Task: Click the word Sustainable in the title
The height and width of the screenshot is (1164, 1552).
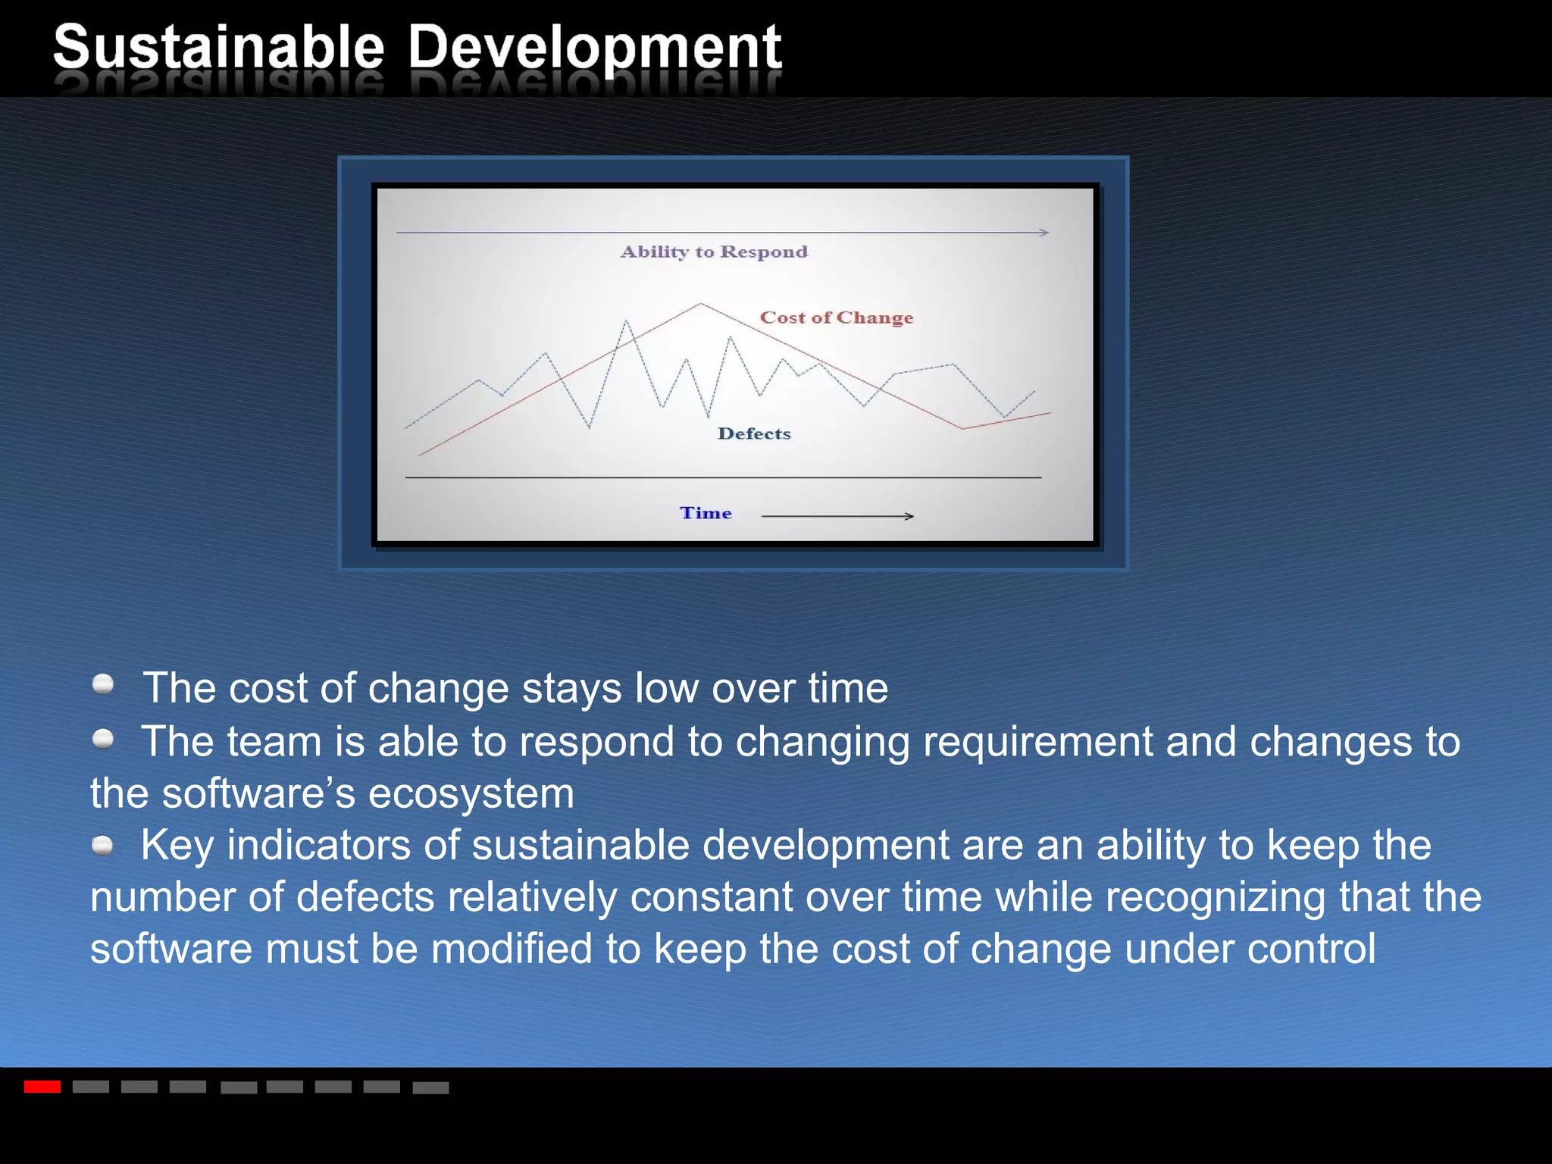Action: pyautogui.click(x=219, y=47)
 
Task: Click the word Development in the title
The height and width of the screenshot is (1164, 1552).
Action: pyautogui.click(x=595, y=47)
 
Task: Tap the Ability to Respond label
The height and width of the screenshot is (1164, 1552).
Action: pyautogui.click(x=714, y=252)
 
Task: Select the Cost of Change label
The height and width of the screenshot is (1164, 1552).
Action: pyautogui.click(x=837, y=318)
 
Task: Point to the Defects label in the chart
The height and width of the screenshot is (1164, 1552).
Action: pyautogui.click(x=754, y=433)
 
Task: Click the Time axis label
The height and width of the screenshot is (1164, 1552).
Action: pyautogui.click(x=706, y=513)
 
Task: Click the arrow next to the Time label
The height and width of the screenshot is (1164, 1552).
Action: pyautogui.click(x=837, y=516)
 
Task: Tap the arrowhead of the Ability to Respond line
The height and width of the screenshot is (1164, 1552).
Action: pyautogui.click(x=1044, y=232)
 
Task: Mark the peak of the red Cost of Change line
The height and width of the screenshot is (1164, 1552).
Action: pyautogui.click(x=701, y=304)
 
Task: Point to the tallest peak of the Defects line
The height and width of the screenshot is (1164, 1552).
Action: pyautogui.click(x=627, y=321)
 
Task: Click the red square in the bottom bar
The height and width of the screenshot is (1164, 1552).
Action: pyautogui.click(x=42, y=1087)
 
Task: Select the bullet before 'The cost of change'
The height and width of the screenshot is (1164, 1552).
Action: pyautogui.click(x=103, y=684)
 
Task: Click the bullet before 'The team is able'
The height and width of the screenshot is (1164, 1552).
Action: pyautogui.click(x=103, y=738)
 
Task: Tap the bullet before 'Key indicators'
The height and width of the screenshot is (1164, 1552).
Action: pyautogui.click(x=103, y=844)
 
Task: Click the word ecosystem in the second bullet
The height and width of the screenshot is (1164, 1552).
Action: pyautogui.click(x=471, y=794)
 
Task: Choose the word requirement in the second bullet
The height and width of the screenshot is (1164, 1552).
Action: pyautogui.click(x=1037, y=742)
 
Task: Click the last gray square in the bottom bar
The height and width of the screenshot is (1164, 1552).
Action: pyautogui.click(x=430, y=1087)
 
